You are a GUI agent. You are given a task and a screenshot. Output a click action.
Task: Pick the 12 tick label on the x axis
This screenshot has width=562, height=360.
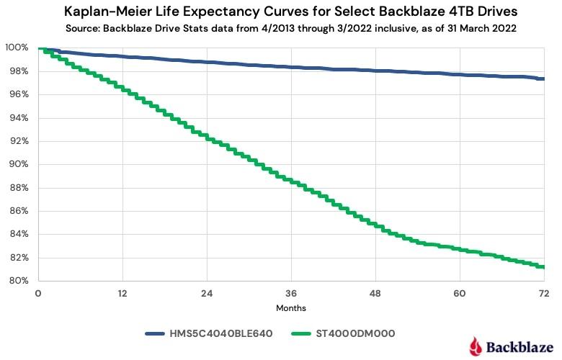(122, 293)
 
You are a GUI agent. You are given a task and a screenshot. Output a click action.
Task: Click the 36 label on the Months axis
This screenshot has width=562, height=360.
(291, 293)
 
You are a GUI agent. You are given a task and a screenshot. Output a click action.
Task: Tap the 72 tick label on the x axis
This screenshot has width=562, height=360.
(544, 293)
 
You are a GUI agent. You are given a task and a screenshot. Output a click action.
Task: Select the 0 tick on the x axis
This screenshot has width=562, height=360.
(38, 293)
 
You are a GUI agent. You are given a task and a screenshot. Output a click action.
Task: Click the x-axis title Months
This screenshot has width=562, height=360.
(291, 308)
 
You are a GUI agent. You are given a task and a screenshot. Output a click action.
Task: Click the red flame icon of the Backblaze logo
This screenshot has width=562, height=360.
(476, 346)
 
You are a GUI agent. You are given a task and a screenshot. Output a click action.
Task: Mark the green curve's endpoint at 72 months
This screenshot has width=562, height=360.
(543, 266)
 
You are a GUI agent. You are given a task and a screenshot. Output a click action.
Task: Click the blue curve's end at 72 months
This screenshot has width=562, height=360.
(543, 78)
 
